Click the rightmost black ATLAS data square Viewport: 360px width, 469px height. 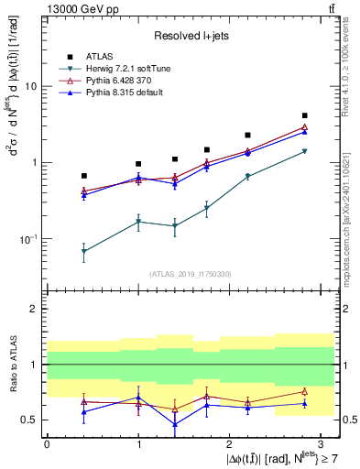pos(304,115)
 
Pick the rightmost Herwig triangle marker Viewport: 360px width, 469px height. pos(304,151)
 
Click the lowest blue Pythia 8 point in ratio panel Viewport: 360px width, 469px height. pos(175,424)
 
